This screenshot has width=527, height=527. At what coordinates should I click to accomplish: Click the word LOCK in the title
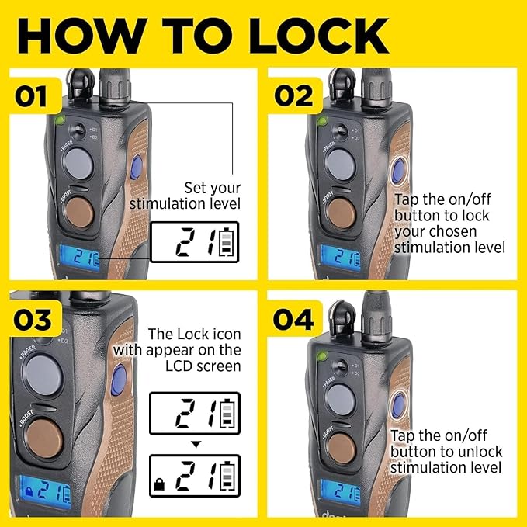coord(319,36)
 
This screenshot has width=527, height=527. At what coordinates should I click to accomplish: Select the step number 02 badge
coord(294,95)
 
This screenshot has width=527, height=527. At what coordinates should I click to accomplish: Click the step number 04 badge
coord(294,319)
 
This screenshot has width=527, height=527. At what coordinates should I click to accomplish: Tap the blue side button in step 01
coord(137,168)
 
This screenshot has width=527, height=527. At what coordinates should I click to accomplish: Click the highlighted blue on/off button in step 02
coord(399,171)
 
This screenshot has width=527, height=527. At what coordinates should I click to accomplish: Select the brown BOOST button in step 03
coord(44,439)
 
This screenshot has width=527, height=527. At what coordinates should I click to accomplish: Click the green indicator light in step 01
coord(61,120)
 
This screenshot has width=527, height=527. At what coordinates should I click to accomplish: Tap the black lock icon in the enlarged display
coord(159,484)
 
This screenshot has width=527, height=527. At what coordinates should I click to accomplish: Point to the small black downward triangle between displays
coord(196,445)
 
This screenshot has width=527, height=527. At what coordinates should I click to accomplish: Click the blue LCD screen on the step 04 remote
coord(340,492)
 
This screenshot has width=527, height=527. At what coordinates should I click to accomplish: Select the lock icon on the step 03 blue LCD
coord(29,491)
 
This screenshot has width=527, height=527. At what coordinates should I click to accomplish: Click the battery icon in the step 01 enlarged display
coord(226,242)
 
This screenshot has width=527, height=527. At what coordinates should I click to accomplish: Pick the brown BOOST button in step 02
coord(342,213)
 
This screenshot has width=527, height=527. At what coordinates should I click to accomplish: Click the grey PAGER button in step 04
coord(341,400)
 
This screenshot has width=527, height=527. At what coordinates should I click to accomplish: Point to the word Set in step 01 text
coord(194,188)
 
